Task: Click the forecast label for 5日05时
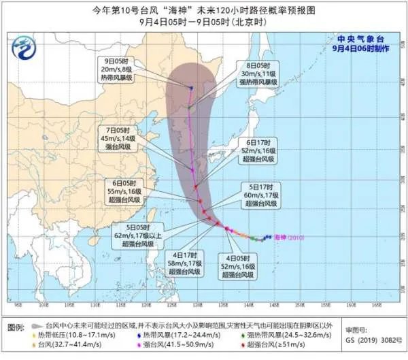pyautogui.click(x=122, y=229)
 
